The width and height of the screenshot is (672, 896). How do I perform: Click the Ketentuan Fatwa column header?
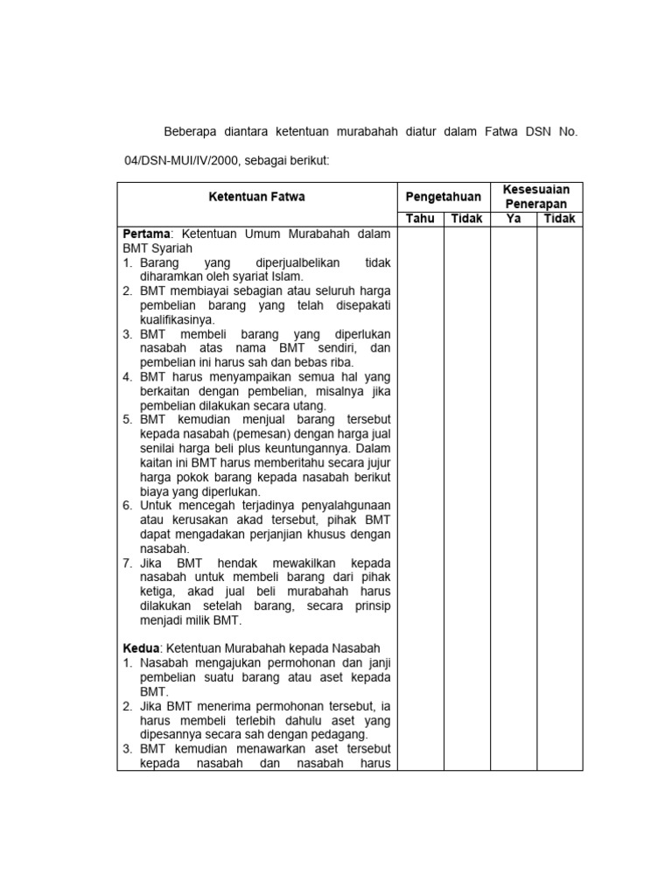256,197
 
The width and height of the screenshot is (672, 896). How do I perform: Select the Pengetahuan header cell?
442,197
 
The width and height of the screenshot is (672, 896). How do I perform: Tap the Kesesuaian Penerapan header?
535,197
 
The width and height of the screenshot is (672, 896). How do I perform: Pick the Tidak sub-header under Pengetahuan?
466,219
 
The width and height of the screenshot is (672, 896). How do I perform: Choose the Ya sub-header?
514,219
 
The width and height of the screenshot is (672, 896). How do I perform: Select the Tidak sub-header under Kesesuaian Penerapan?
559,219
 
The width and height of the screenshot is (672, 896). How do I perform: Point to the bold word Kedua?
140,647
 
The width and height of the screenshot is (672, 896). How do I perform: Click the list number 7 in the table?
127,562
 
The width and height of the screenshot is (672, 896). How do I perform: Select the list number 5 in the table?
127,420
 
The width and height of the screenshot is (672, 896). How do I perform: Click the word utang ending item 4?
307,406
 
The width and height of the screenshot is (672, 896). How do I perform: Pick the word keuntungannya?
303,448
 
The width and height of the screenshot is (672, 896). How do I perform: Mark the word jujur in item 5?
376,462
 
